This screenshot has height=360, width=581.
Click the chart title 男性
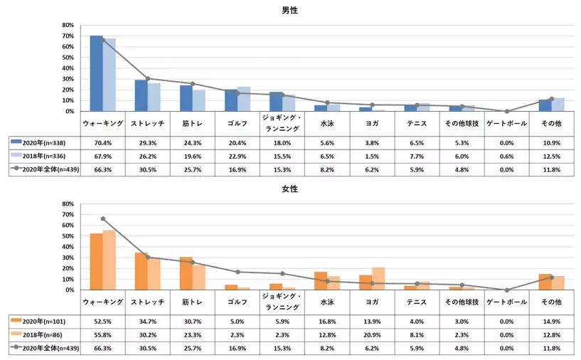289,10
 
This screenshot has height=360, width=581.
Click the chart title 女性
289,189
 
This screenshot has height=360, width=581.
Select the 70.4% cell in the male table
102,142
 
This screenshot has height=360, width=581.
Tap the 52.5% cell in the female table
102,321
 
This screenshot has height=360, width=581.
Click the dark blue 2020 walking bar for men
96,73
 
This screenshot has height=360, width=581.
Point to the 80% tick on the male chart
69,25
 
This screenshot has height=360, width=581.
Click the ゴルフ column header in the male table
237,123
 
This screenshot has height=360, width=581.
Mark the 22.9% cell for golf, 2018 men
237,155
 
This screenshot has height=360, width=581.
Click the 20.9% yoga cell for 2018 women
372,334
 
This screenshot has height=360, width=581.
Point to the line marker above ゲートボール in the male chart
507,111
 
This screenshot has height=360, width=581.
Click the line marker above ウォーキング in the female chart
103,218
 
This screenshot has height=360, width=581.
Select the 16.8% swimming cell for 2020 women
327,321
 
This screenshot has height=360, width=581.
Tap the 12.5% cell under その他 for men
552,155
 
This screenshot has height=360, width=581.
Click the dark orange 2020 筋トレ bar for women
186,273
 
